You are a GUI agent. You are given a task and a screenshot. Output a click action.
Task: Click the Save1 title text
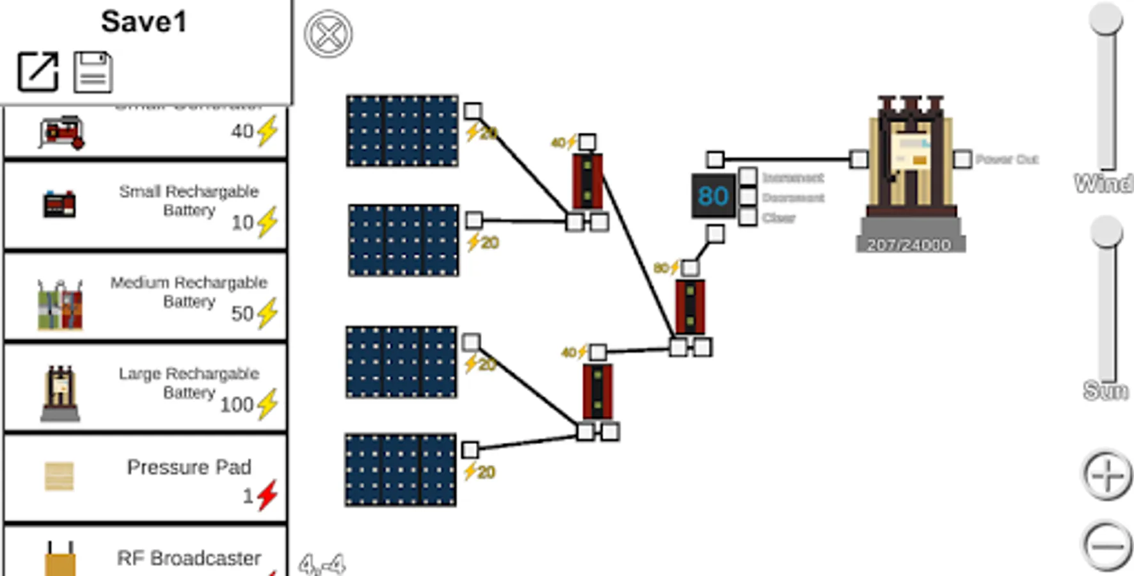point(144,22)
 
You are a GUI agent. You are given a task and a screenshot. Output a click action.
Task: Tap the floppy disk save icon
point(93,72)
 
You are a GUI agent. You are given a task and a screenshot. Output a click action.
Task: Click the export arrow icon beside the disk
point(38,71)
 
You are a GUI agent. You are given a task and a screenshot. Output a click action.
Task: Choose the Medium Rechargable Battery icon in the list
point(60,305)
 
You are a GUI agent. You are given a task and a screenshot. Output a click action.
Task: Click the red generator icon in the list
point(61,132)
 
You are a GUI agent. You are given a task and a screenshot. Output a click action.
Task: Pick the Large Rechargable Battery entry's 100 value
point(237,404)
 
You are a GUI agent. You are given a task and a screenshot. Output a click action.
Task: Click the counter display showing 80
point(713,196)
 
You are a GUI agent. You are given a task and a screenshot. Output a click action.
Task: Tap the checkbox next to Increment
point(747,177)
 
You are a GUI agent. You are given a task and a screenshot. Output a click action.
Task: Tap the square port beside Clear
point(747,218)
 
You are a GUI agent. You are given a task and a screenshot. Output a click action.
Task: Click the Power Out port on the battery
point(962,159)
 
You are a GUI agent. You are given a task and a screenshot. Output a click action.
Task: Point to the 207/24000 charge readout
point(909,244)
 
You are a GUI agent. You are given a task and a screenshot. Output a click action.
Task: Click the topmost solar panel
point(403,131)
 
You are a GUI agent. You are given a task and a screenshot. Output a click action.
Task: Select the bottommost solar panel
point(401,470)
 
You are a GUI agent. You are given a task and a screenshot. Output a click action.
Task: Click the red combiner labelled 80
point(691,307)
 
